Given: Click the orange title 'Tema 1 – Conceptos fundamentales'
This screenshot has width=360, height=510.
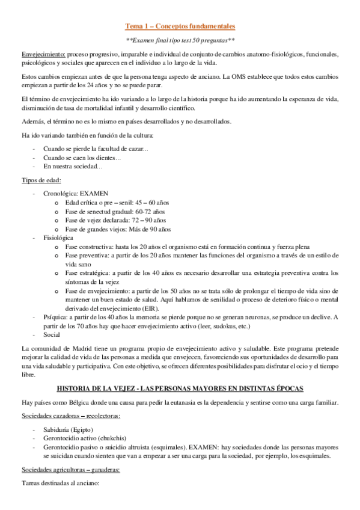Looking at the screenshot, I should click(180, 26).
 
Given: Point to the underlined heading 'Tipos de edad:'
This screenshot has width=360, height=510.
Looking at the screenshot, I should click(40, 180).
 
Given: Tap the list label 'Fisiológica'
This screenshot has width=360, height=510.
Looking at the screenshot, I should click(58, 238).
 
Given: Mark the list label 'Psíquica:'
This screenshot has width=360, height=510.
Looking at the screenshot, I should click(57, 317).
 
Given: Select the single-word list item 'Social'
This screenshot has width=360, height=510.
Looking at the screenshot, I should click(52, 334).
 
